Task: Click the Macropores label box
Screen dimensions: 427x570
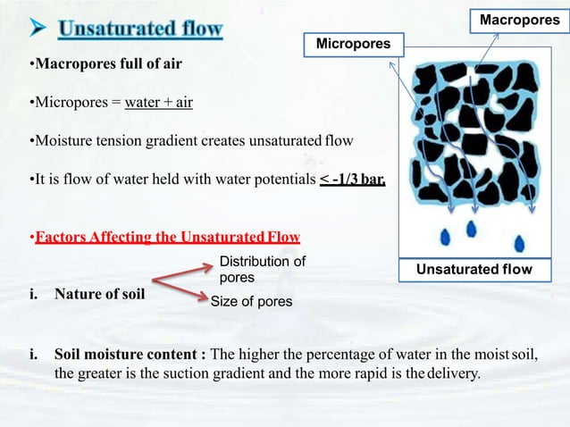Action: click(x=519, y=19)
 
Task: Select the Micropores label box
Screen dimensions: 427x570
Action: click(x=355, y=42)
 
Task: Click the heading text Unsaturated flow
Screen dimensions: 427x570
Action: click(x=141, y=29)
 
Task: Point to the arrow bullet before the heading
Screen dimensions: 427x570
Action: click(x=38, y=29)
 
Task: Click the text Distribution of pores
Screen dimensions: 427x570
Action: click(x=262, y=269)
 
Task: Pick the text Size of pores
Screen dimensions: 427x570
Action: click(x=251, y=301)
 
